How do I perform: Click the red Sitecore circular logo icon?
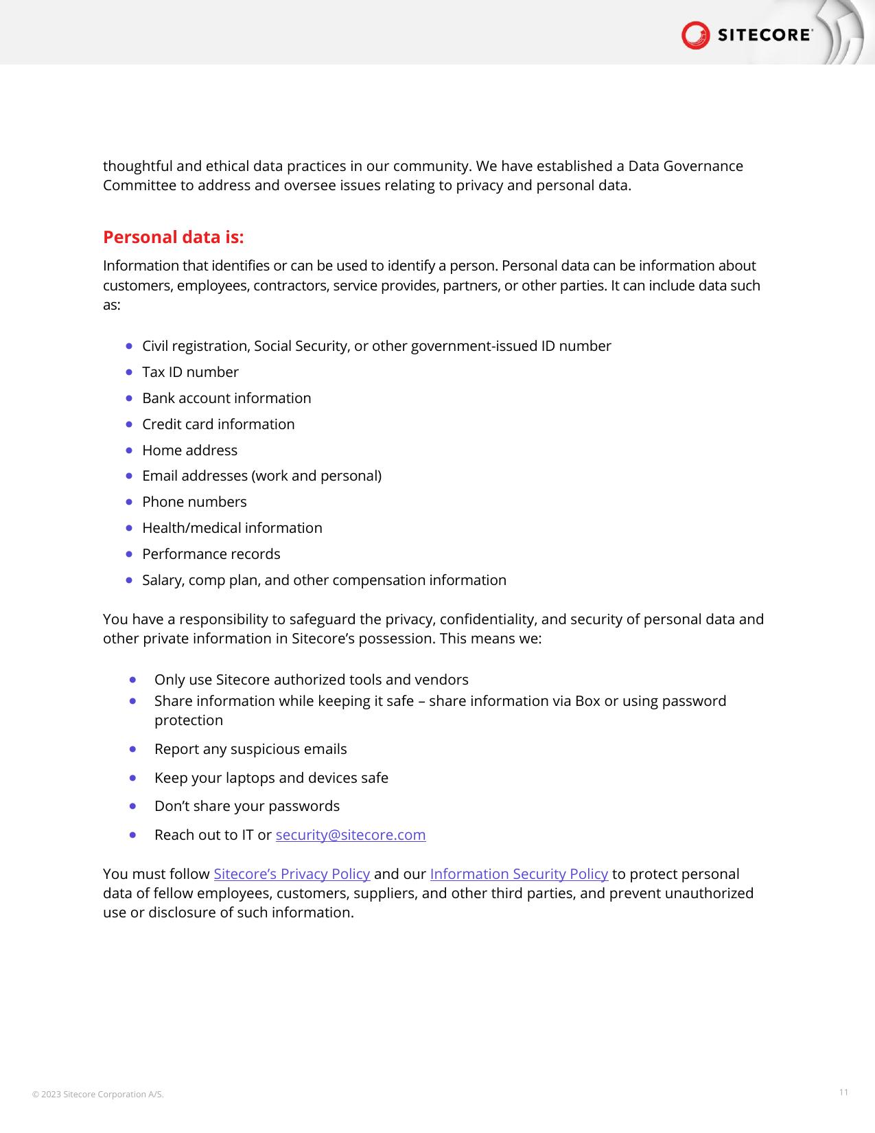point(695,35)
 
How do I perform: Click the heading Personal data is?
point(173,238)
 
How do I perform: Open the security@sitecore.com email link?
point(350,835)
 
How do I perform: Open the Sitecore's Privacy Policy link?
point(292,874)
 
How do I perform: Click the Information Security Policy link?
point(519,874)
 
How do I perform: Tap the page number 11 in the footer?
point(843,1092)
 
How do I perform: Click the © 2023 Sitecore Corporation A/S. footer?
point(98,1095)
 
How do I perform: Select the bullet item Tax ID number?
point(190,372)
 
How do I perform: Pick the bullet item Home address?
point(189,450)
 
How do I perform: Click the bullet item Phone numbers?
point(194,502)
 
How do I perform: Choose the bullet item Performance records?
point(211,554)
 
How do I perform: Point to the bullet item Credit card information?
point(218,424)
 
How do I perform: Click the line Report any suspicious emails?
point(250,749)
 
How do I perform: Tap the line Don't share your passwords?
point(247,806)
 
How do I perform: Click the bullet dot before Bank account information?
point(130,398)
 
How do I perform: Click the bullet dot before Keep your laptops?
point(132,778)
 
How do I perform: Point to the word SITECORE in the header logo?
point(765,35)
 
